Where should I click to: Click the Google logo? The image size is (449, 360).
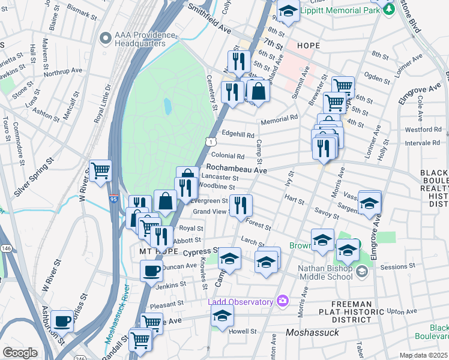20,353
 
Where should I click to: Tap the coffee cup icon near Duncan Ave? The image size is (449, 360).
151,270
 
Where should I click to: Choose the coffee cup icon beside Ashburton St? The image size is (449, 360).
62,321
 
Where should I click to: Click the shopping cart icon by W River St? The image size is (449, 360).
100,170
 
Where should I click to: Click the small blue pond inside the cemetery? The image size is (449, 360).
168,106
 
